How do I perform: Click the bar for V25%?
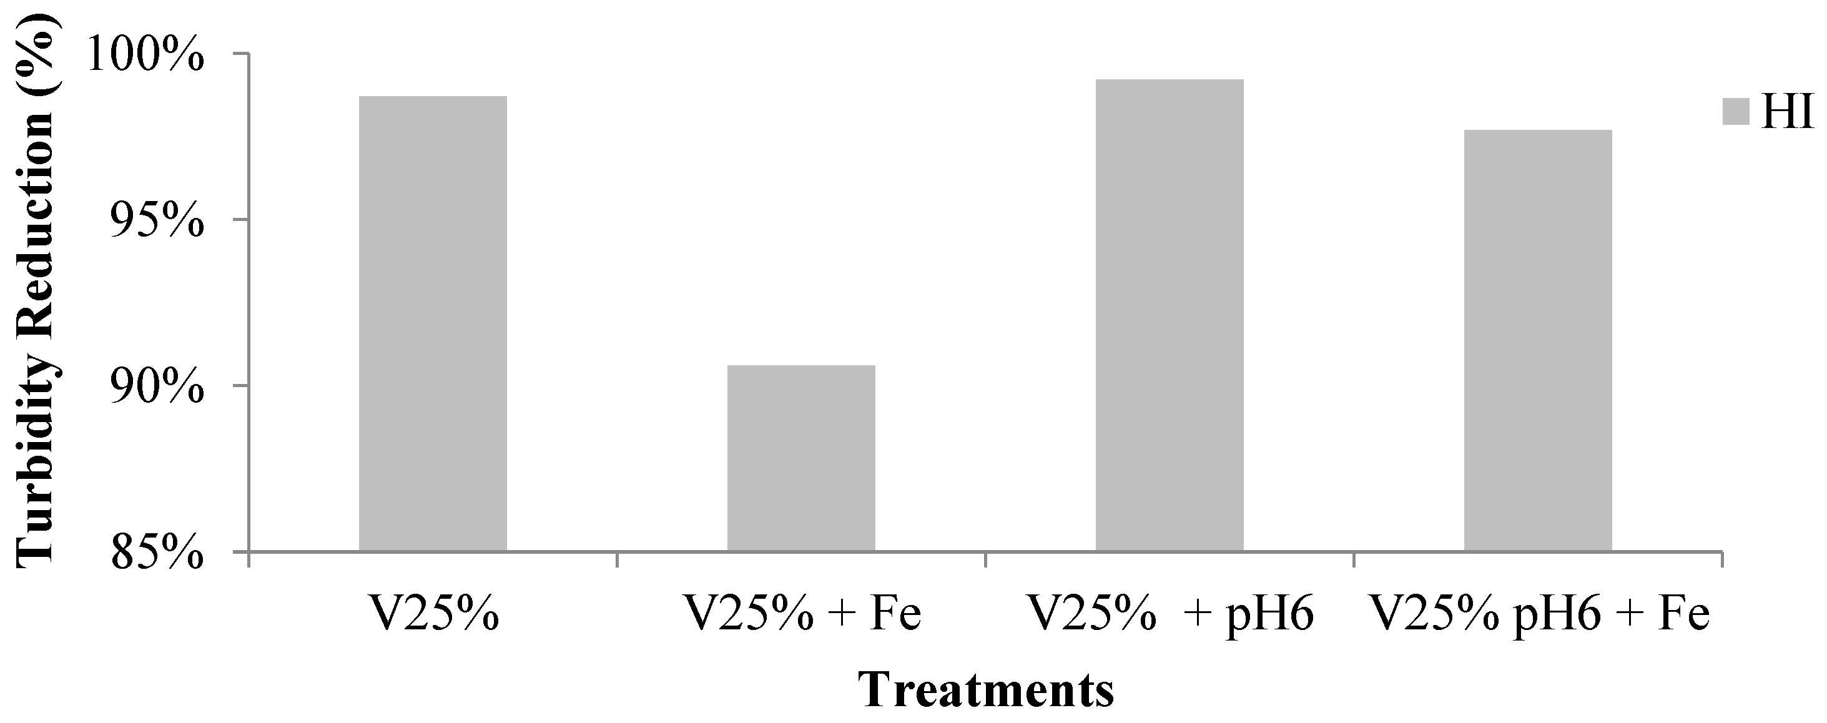(x=433, y=323)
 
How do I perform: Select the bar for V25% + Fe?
(x=800, y=458)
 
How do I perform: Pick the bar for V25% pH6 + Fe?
(x=1538, y=340)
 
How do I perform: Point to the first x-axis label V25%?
(x=433, y=614)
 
